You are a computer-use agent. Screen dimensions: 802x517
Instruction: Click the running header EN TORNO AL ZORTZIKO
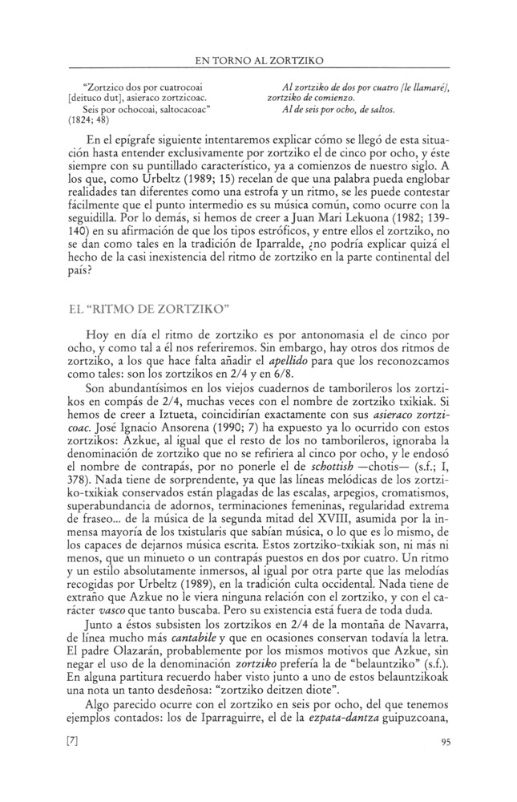pos(259,59)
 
